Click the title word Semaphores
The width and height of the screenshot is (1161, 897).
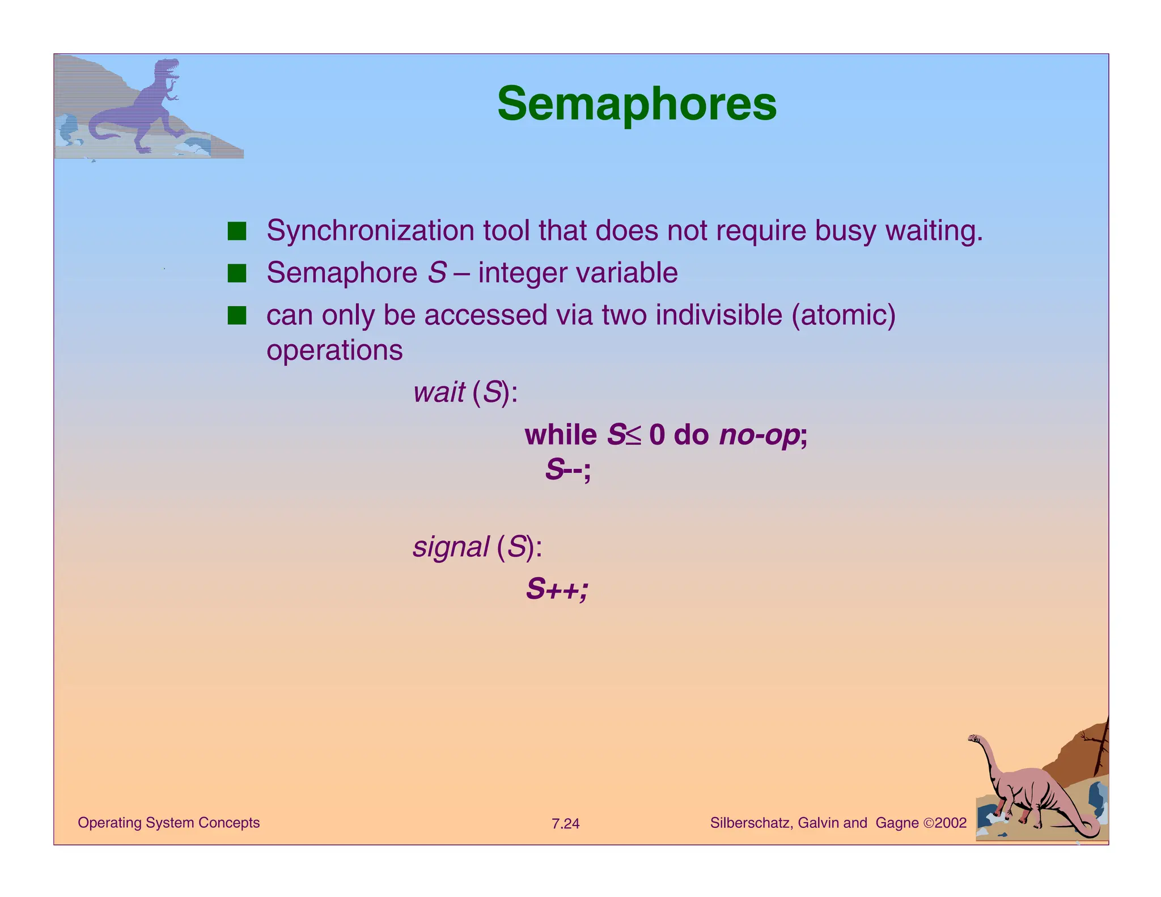tap(637, 104)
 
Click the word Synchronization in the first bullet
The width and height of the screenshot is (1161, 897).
tap(370, 231)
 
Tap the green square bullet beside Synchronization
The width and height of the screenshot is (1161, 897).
tap(237, 231)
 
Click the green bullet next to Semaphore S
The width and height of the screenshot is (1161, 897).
tap(237, 273)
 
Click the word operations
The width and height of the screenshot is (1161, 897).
tap(334, 350)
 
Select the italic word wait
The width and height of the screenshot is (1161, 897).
tap(439, 392)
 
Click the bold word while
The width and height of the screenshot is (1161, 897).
tap(561, 435)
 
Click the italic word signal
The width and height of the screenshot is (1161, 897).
tap(451, 547)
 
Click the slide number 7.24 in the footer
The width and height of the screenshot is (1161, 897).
tap(565, 824)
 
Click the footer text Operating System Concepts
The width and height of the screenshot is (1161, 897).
tap(168, 823)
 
